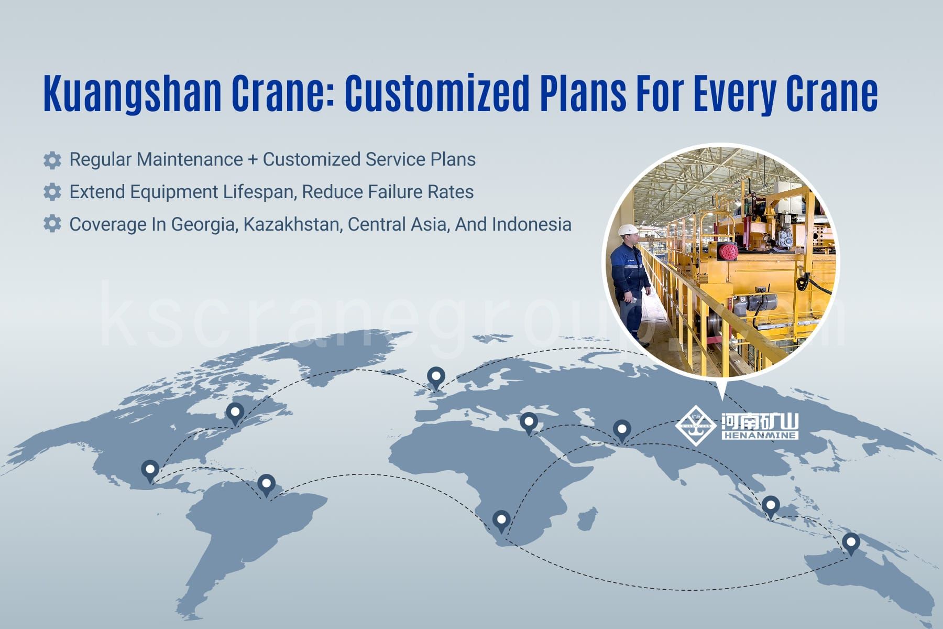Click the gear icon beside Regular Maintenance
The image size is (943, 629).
coord(52,160)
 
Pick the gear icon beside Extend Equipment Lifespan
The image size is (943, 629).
coord(52,192)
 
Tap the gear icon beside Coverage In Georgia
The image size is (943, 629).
coord(52,224)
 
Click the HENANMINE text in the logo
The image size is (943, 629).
coord(760,435)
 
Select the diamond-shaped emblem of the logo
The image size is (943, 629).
coord(696,425)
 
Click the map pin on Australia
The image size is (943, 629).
coord(851,544)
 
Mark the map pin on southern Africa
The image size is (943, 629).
coord(501,522)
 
